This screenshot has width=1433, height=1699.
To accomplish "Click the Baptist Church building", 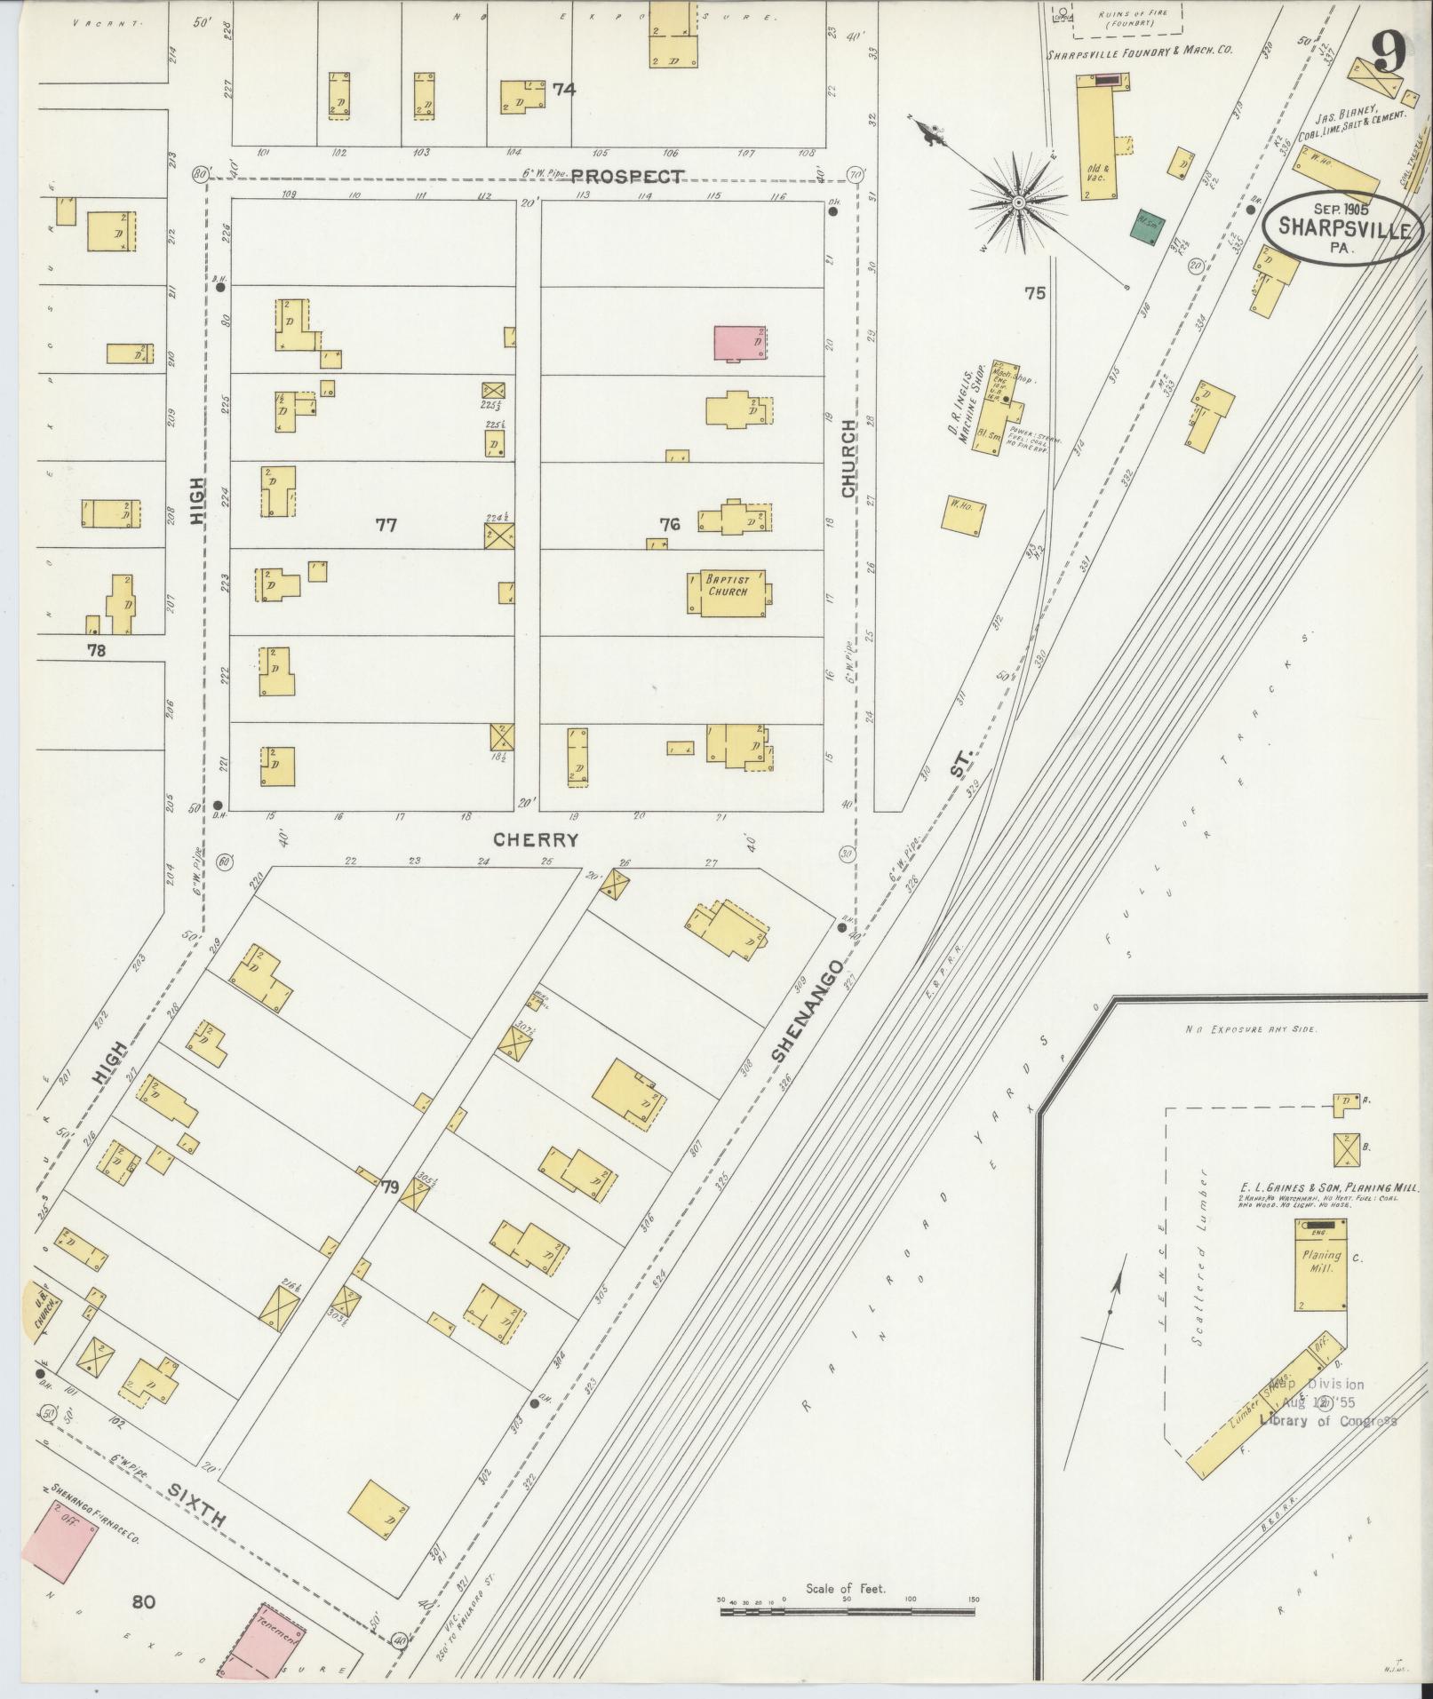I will (728, 592).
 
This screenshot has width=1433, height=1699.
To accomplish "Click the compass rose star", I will (1018, 202).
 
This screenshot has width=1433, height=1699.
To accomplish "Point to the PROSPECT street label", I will (627, 176).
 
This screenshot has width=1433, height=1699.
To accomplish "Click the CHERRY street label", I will (536, 839).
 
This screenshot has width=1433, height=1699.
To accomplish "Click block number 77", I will (386, 525).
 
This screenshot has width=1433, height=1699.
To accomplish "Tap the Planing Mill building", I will (1320, 1266).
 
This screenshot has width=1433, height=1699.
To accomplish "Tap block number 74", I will (563, 89).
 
